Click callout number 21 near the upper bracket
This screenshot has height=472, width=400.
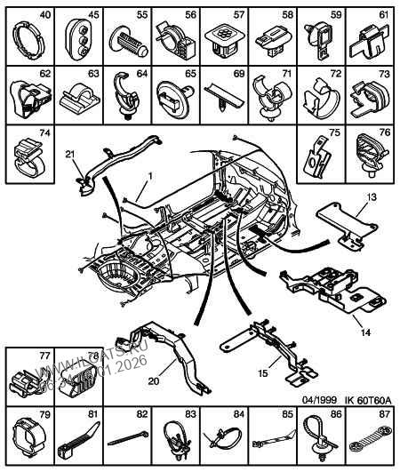[68, 155]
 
